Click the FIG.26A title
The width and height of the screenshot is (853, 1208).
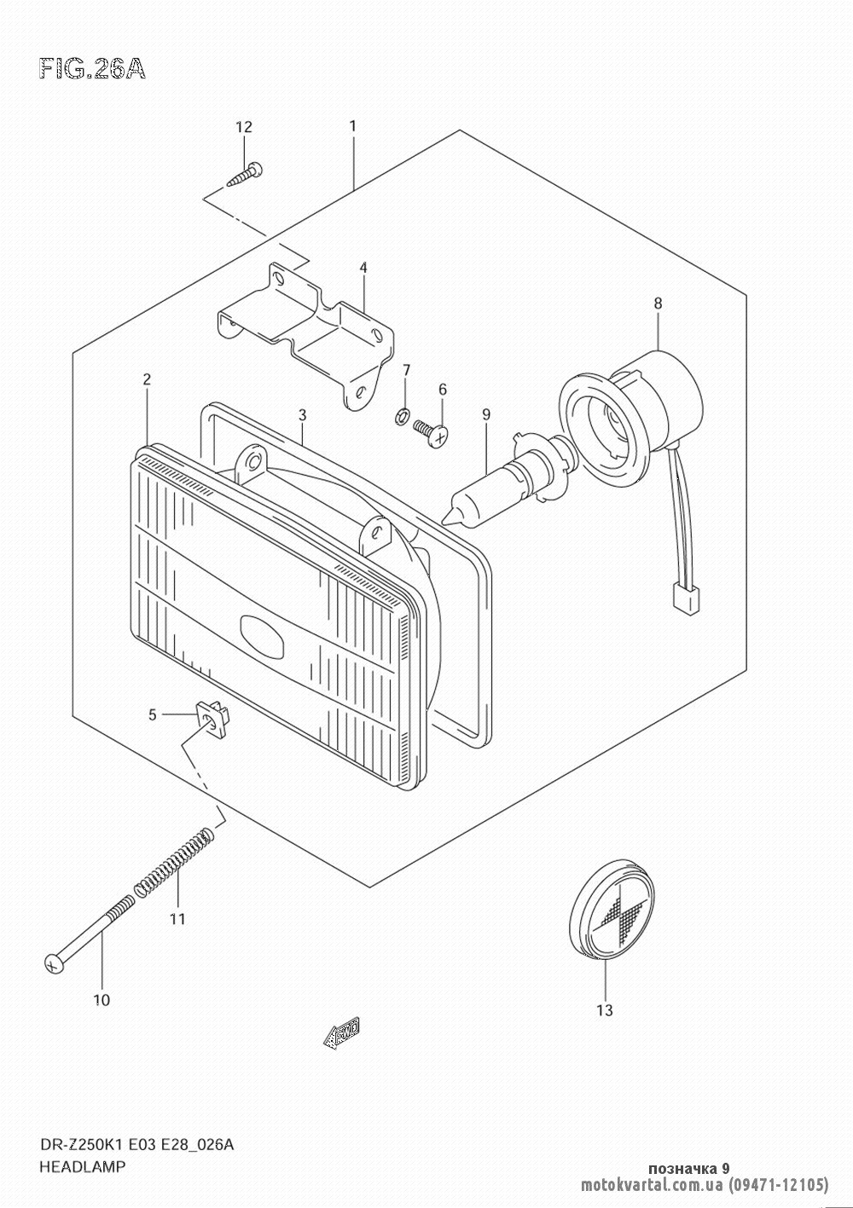coord(92,69)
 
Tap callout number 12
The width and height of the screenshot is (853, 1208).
coord(244,127)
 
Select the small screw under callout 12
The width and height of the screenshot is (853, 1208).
coord(245,175)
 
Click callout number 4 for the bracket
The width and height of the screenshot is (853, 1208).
coord(363,268)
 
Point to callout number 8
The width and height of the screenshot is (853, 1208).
coord(658,303)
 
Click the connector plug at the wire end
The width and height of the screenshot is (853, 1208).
coord(684,599)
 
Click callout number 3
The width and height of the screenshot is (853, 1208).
coord(302,414)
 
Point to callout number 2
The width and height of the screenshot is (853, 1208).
coord(147,379)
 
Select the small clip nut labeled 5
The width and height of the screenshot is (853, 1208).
coord(213,719)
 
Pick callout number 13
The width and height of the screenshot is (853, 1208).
coord(605,1010)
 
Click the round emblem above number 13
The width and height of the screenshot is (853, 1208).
coord(612,910)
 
